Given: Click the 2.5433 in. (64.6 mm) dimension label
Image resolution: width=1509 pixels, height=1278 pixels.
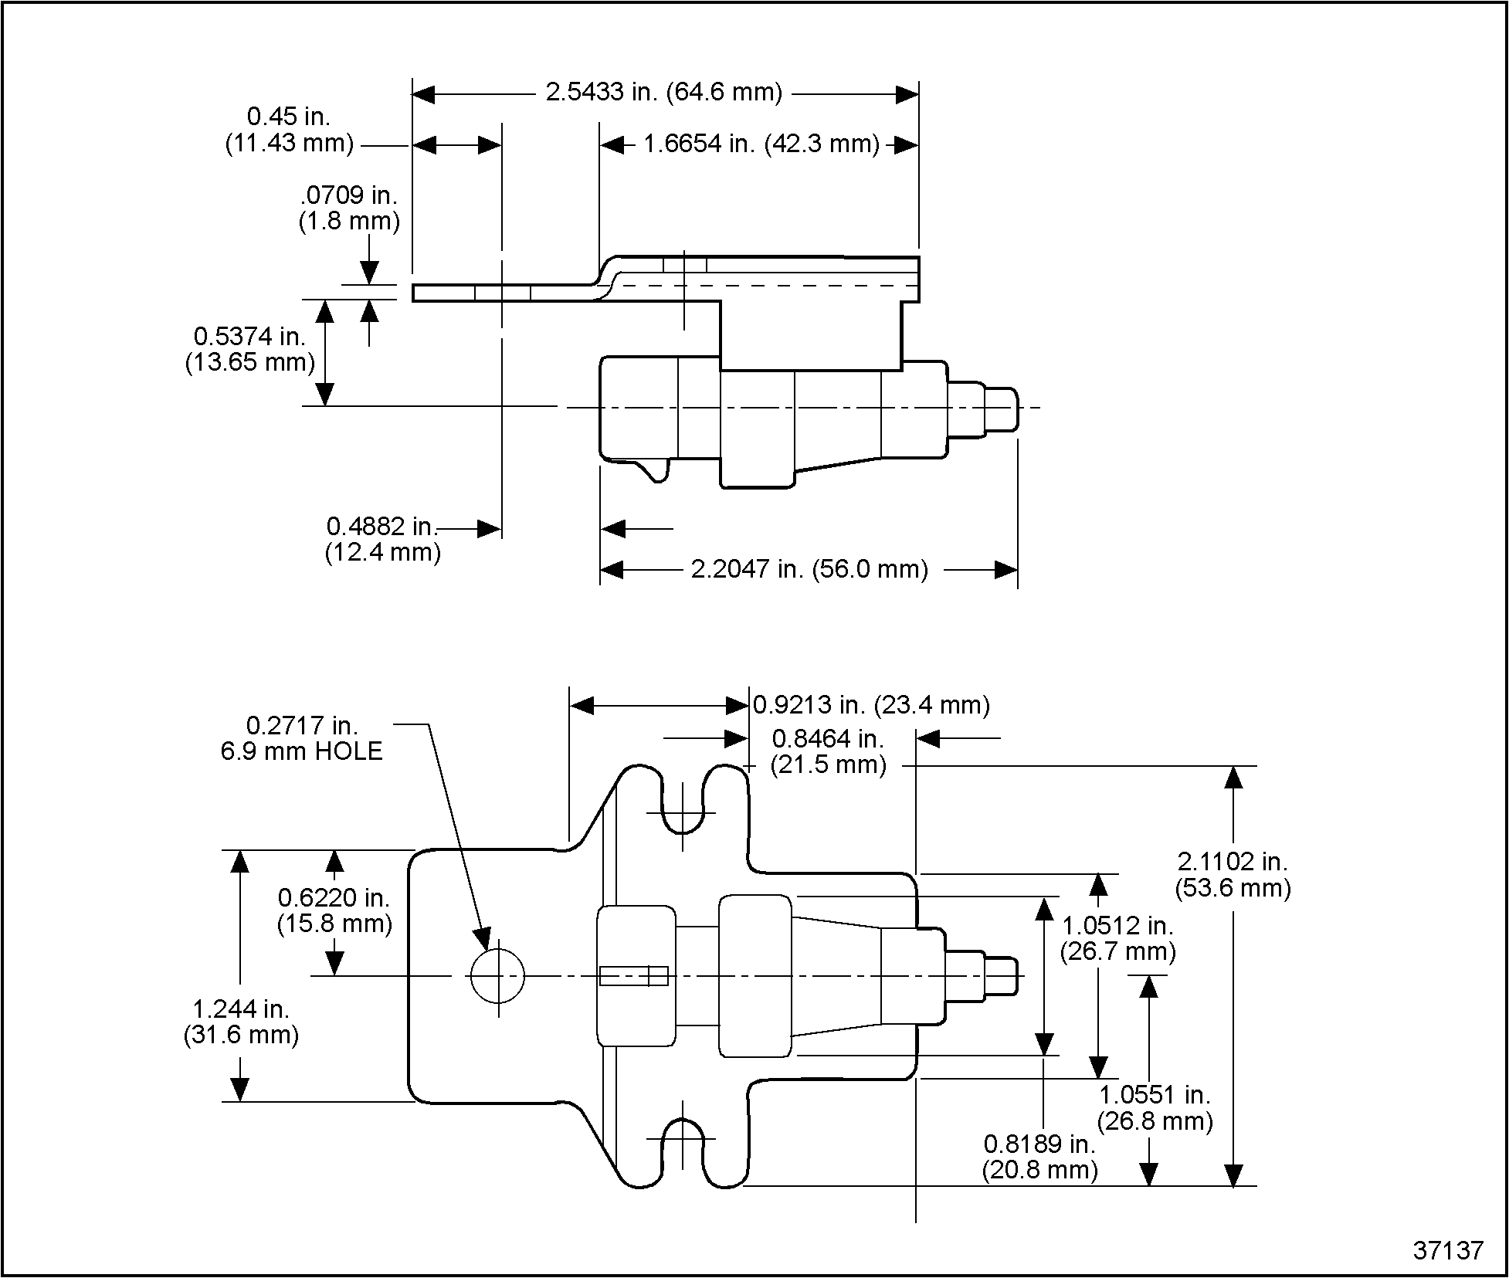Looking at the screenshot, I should pos(663,93).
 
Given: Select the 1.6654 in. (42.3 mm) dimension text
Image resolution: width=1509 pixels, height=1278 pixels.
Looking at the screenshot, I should pos(761,144).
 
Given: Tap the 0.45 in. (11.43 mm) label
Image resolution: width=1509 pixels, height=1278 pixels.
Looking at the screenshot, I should pos(289,130).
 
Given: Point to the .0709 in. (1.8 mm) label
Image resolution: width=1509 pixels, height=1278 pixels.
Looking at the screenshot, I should pos(349,208).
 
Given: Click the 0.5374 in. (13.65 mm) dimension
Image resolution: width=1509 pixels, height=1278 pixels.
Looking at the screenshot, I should pos(249,349).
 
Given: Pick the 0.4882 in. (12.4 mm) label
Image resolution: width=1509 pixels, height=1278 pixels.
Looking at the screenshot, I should pos(382,539).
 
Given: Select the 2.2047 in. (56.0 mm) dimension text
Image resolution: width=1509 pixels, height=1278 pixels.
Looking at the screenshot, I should pos(809,570).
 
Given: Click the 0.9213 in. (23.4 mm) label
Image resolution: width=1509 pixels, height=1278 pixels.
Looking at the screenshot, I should pos(871,705).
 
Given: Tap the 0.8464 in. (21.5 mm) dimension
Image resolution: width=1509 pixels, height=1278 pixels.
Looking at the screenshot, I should pos(828,751).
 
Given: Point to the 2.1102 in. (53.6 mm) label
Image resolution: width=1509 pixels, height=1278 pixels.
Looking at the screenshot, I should pos(1233,875).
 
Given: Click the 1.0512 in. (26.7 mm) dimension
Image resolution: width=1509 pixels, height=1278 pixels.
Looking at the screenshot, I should pos(1117,938).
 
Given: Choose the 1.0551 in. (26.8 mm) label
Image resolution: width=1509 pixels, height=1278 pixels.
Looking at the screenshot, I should pos(1155,1108).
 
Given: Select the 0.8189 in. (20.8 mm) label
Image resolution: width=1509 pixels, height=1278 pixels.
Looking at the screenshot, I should pos(1039,1157).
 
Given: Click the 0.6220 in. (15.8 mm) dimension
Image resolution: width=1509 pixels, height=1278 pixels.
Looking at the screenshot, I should pos(334,910).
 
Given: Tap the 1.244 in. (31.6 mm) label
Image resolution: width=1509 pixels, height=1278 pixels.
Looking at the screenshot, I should pos(241,1022).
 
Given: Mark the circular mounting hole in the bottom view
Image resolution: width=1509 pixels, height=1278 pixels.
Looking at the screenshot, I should pos(497,976).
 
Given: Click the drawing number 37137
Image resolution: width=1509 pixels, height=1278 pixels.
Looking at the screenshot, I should pos(1448,1250).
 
